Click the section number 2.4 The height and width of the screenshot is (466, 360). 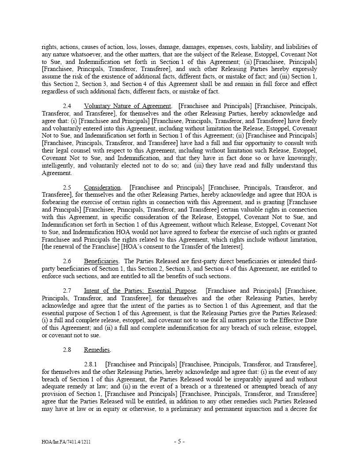pos(67,106)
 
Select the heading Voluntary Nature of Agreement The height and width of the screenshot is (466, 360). pos(127,106)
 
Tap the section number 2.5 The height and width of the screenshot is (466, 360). pos(67,187)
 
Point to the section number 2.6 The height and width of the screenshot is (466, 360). pos(67,261)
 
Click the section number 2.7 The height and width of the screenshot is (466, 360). pos(67,291)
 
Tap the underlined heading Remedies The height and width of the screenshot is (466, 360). pos(97,350)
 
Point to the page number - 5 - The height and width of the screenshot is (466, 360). pos(179,441)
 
